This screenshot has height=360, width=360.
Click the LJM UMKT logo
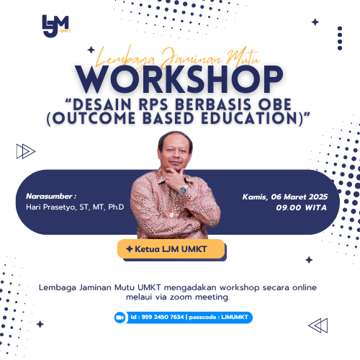(x=55, y=24)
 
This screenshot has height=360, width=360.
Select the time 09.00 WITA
(x=301, y=207)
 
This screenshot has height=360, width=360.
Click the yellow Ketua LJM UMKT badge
(x=171, y=248)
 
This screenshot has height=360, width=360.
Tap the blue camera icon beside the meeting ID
(x=120, y=317)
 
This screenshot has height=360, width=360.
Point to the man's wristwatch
(x=183, y=190)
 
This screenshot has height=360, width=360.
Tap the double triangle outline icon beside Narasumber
(x=26, y=150)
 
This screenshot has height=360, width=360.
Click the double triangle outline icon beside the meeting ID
(x=318, y=326)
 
